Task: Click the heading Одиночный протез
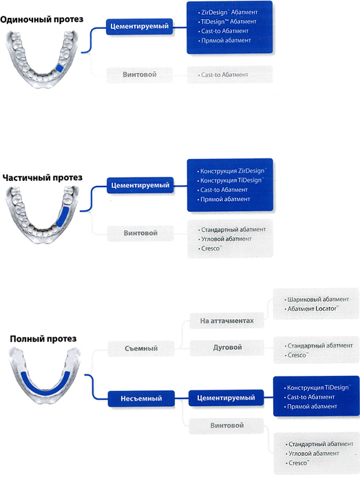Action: click(41, 19)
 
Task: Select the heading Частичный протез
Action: click(42, 178)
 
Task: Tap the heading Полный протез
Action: click(43, 339)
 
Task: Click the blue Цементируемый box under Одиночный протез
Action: click(139, 26)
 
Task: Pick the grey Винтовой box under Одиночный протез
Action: click(139, 74)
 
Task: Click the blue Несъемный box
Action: click(141, 399)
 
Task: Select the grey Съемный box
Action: click(141, 348)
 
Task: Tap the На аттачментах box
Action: click(226, 321)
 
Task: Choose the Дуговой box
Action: click(227, 348)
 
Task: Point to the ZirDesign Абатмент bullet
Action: click(228, 12)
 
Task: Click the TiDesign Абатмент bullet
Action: click(227, 21)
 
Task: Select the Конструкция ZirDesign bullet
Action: click(232, 171)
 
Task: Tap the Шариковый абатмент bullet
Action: click(317, 299)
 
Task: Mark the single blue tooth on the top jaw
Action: click(60, 68)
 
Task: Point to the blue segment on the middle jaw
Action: click(62, 217)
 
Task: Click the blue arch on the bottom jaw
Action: click(45, 386)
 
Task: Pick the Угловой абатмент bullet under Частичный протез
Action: click(225, 239)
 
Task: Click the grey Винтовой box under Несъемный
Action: click(226, 425)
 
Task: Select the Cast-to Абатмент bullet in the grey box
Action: click(223, 75)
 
